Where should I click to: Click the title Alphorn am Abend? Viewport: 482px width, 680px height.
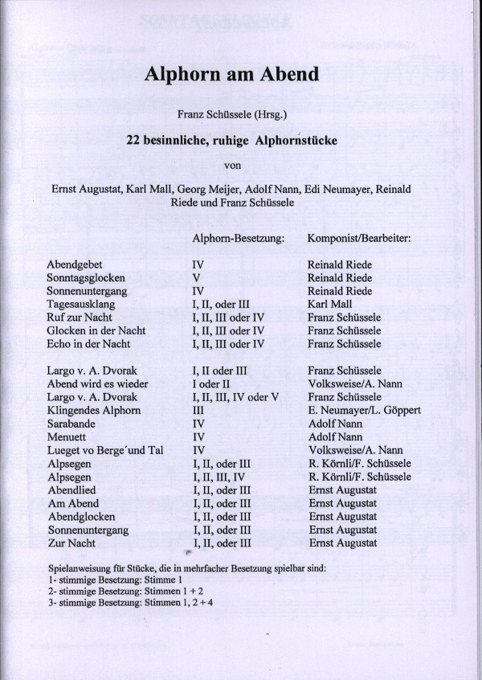coord(232,76)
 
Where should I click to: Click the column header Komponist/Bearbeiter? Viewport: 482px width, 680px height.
coord(359,239)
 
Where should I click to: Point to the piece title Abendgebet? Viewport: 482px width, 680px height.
coord(79,264)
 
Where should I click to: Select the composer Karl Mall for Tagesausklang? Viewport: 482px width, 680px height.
coord(330,304)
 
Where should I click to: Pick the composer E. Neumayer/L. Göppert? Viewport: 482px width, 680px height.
coord(364,410)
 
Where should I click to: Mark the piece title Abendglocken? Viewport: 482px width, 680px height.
coord(82,516)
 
